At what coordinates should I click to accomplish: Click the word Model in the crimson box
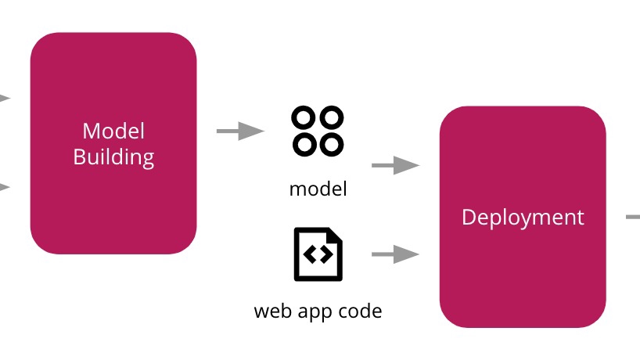point(113,131)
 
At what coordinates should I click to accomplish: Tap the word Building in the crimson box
point(113,157)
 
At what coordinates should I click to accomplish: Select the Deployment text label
point(523,217)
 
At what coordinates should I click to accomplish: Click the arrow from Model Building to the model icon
point(239,131)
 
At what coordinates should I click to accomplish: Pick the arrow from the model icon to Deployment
point(395,165)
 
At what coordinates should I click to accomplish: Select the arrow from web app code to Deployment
point(395,254)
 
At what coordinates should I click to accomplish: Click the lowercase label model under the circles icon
point(318,189)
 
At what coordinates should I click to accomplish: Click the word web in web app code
point(271,311)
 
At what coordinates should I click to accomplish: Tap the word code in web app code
point(361,311)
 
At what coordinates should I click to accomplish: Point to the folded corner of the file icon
point(334,236)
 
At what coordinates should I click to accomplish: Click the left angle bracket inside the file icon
point(311,254)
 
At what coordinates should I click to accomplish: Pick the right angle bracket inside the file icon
point(325,254)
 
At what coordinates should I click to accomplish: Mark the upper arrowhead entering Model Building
point(4,98)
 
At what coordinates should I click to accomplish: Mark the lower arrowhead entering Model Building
point(4,187)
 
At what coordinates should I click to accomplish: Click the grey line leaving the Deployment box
point(633,217)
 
